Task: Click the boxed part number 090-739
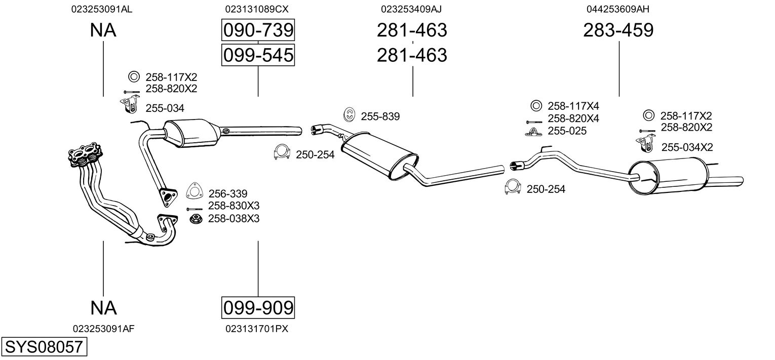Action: [x=258, y=30]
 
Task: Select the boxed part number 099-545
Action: [x=258, y=55]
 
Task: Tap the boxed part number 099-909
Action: [x=258, y=307]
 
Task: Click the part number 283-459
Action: [x=618, y=30]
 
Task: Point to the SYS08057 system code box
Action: [x=44, y=347]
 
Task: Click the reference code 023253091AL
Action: [x=102, y=9]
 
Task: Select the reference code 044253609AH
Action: [x=618, y=9]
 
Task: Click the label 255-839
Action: [x=380, y=116]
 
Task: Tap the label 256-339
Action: [x=227, y=193]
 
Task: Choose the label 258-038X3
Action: [x=234, y=219]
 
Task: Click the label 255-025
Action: [x=567, y=131]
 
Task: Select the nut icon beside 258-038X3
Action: [x=196, y=219]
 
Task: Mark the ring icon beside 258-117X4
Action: [x=536, y=105]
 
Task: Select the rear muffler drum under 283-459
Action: [x=667, y=176]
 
